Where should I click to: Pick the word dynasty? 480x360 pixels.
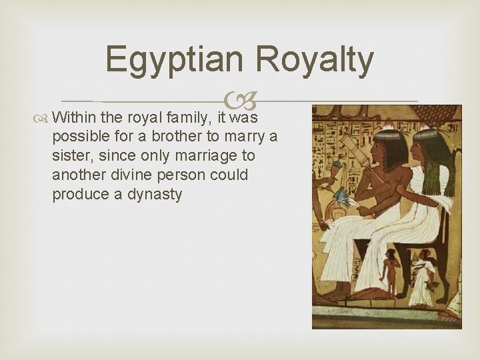pos(155,195)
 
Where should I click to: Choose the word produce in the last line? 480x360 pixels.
pos(77,195)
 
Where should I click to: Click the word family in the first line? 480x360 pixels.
pos(188,119)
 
